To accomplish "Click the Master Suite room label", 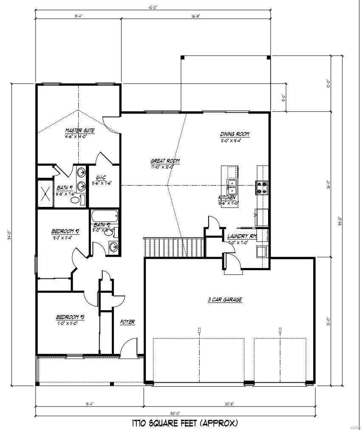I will tap(79, 130).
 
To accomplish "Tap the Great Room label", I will tap(165, 161).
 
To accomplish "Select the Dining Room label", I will tap(235, 134).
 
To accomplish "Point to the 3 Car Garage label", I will tap(225, 300).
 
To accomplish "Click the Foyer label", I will tap(127, 322).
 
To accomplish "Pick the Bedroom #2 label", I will tap(65, 231).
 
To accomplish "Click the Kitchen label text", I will tap(227, 198).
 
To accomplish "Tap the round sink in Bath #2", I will tap(113, 246).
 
